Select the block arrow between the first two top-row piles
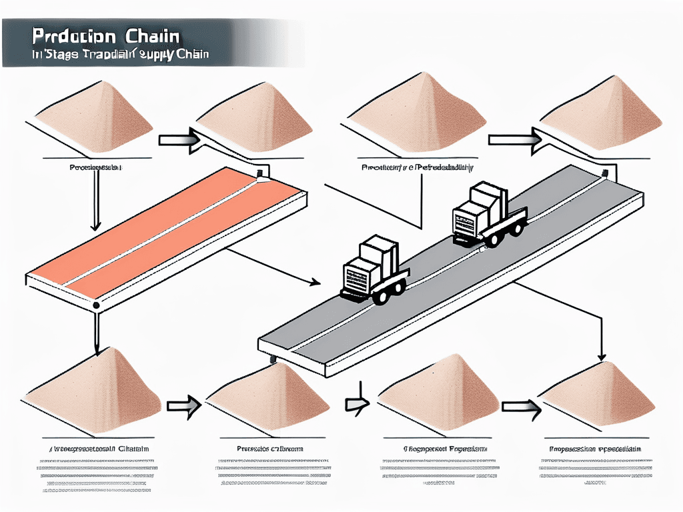click(x=178, y=139)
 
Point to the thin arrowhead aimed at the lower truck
click(x=314, y=283)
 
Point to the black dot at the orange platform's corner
click(x=97, y=306)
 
